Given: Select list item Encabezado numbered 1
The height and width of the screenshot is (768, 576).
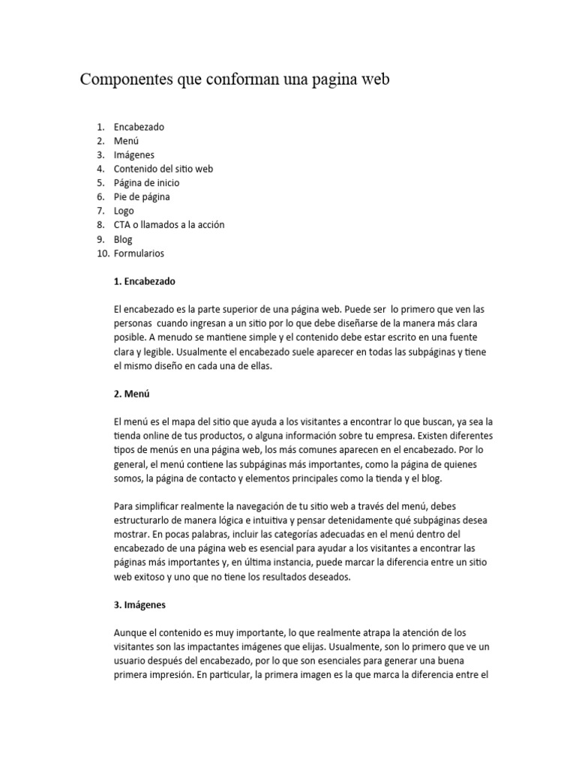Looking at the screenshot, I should coord(139,127).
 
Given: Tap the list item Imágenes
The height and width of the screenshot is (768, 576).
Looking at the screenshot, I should coord(134,154).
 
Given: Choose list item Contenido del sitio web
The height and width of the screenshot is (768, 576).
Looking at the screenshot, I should coord(163,169).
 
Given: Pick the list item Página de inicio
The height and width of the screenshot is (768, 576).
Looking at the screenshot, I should coord(147,182).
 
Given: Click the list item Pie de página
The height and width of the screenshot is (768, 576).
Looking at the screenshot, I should coord(142,196).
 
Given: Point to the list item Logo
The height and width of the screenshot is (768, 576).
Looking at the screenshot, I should coord(124,211).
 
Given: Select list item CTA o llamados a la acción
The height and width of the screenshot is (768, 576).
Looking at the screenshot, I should coord(169,224).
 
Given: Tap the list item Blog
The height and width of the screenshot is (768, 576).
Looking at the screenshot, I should coord(123,239).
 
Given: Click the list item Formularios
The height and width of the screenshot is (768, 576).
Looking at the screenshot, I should coord(139,253).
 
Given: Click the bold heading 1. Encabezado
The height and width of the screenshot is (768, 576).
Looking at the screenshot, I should coord(145,281).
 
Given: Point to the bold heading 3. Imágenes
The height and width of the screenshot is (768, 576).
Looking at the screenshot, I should coord(140,604).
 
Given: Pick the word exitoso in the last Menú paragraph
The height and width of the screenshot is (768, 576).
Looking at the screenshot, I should coord(149,577).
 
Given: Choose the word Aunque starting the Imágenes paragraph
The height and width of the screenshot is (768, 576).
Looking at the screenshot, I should coord(130,633).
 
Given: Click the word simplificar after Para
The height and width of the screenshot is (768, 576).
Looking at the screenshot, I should coord(161,506).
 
